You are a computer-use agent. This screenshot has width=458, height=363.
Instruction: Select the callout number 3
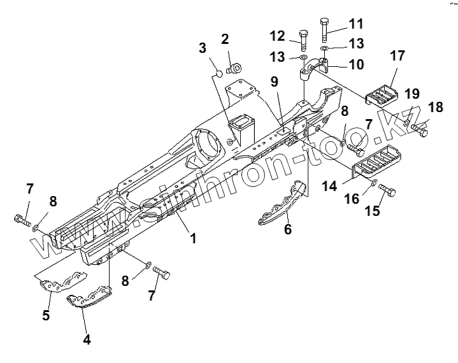coord(203,48)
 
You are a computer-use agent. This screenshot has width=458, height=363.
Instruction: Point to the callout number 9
coord(275,82)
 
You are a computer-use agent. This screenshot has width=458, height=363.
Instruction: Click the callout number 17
coord(397,56)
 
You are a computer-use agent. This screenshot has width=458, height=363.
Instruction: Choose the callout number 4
coord(86,339)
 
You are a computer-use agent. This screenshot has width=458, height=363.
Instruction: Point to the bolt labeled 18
coord(420,131)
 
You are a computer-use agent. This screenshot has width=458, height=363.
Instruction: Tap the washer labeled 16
coord(375,183)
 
